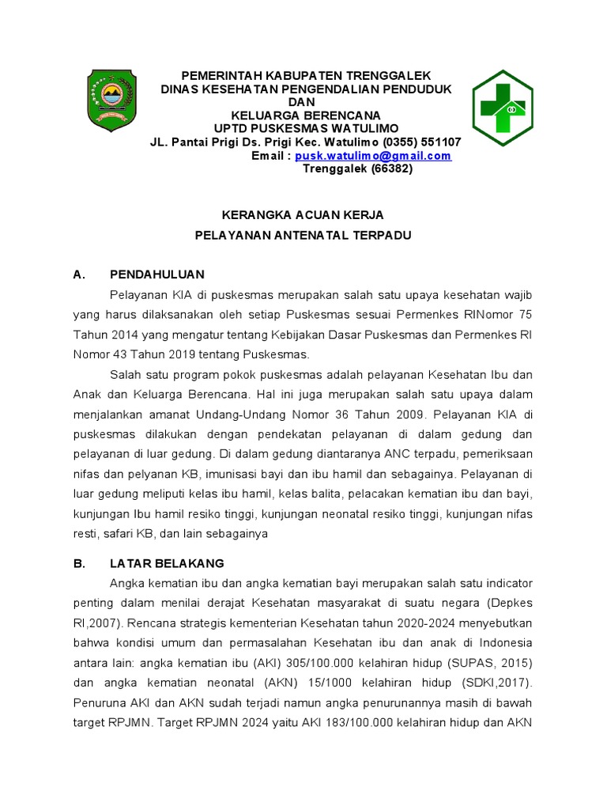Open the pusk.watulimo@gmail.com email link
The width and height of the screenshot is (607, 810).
pyautogui.click(x=373, y=156)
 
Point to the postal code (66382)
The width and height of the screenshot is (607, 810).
pyautogui.click(x=391, y=168)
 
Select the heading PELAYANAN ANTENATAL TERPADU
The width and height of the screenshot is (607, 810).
pyautogui.click(x=303, y=235)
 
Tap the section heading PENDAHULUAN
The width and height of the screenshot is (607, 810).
pyautogui.click(x=157, y=274)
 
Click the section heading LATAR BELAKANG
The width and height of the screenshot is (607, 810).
pyautogui.click(x=167, y=563)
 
